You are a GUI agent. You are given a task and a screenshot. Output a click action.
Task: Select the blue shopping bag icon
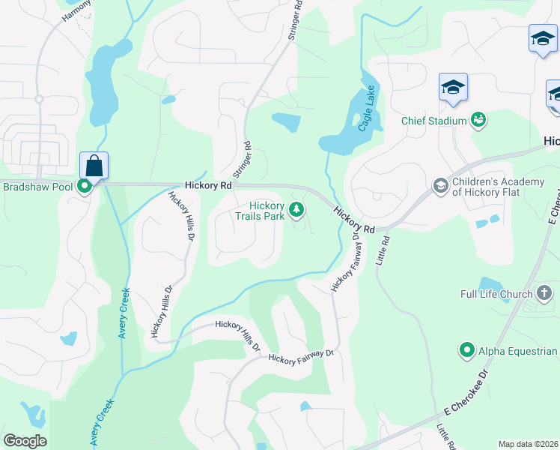[x=94, y=164]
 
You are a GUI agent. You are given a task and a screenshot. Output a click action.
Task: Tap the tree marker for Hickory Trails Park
[x=297, y=209]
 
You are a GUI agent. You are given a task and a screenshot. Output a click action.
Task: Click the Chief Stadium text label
[x=433, y=120]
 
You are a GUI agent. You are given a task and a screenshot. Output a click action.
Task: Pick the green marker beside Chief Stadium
[x=478, y=120]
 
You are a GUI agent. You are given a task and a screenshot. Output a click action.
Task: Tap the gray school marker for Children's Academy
[x=441, y=185]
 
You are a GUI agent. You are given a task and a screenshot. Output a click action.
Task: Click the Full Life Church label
[x=496, y=294]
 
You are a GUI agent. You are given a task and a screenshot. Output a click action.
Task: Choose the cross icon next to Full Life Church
[x=544, y=293]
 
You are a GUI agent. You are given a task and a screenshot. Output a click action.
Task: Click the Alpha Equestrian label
[x=517, y=350]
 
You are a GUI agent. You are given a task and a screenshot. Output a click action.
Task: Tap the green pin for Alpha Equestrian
[x=467, y=350]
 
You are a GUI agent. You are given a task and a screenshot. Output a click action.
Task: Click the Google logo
[x=25, y=441]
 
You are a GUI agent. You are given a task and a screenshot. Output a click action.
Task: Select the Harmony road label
[x=75, y=10]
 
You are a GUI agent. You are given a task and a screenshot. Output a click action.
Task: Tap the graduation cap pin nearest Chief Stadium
[x=453, y=88]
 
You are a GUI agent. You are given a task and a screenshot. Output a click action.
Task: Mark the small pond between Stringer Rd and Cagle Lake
[x=286, y=121]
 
